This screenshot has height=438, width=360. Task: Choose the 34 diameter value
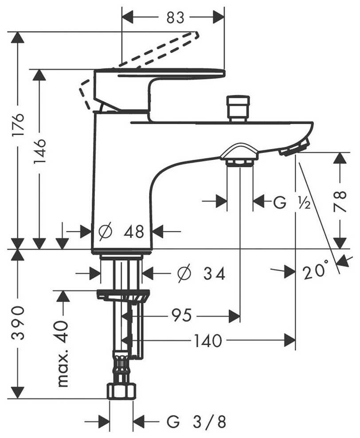coord(214,274)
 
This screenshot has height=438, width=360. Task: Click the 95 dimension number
coord(182,316)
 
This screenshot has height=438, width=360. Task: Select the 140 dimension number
coord(207,341)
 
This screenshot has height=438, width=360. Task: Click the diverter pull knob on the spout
coord(237,108)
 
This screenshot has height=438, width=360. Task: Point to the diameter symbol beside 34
coord(184,274)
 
